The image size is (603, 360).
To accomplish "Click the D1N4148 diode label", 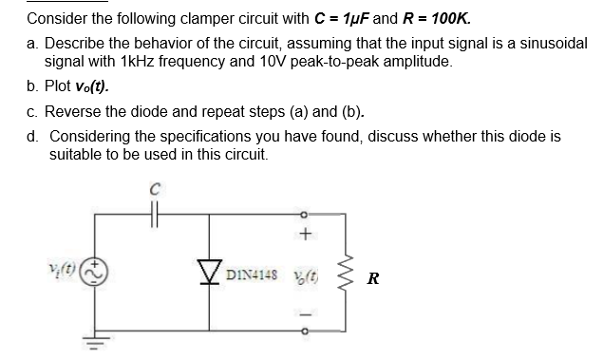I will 249,277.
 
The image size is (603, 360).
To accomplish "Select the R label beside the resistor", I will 372,278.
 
